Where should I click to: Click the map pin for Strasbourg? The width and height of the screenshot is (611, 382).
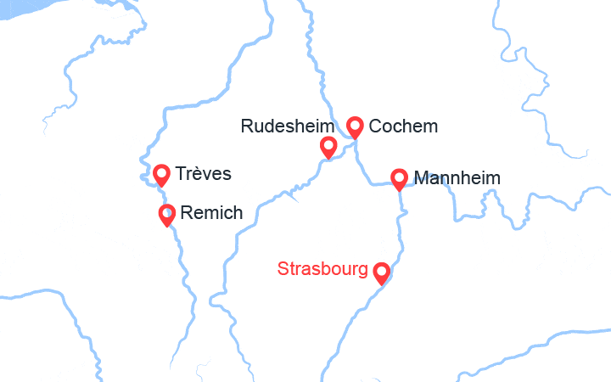pos(382,272)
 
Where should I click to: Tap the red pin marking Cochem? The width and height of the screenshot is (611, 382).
pos(356,126)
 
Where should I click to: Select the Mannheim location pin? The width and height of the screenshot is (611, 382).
pos(399,178)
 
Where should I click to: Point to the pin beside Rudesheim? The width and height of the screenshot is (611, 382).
pos(328,147)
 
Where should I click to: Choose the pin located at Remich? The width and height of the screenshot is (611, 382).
pos(167,213)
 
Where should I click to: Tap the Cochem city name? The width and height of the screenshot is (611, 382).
pos(405,126)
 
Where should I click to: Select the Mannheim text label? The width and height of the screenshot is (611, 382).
pos(457,179)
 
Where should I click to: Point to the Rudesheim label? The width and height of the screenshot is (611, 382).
pos(288,126)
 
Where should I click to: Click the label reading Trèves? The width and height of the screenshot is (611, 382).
pos(203,174)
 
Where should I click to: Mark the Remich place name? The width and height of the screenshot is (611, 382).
pos(212,213)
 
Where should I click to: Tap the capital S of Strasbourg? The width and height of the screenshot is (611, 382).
pos(283,270)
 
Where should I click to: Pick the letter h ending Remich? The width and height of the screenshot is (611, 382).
pos(238,213)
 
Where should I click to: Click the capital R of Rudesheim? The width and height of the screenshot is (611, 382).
pos(247,126)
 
